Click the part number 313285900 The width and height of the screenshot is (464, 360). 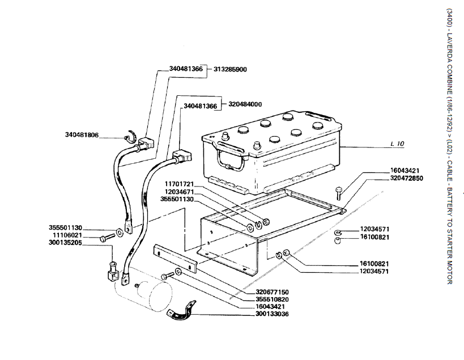coord(230,69)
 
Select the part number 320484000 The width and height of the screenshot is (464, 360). coord(245,104)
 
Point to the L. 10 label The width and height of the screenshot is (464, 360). coord(397,145)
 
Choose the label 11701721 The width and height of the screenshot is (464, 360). coord(179,184)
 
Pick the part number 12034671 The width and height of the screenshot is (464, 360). coord(179,192)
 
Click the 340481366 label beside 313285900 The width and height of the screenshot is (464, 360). coord(186,69)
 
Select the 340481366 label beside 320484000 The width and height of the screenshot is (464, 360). coord(201,106)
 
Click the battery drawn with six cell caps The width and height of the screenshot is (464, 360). coord(272,150)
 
